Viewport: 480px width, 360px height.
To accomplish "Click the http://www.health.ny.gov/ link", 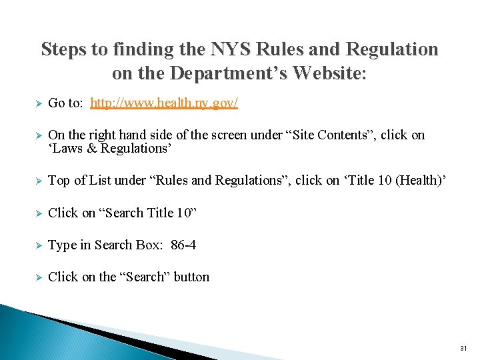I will [x=164, y=103].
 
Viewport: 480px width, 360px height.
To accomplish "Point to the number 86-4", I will [x=183, y=245].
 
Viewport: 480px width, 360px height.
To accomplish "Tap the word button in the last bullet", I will [x=191, y=277].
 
